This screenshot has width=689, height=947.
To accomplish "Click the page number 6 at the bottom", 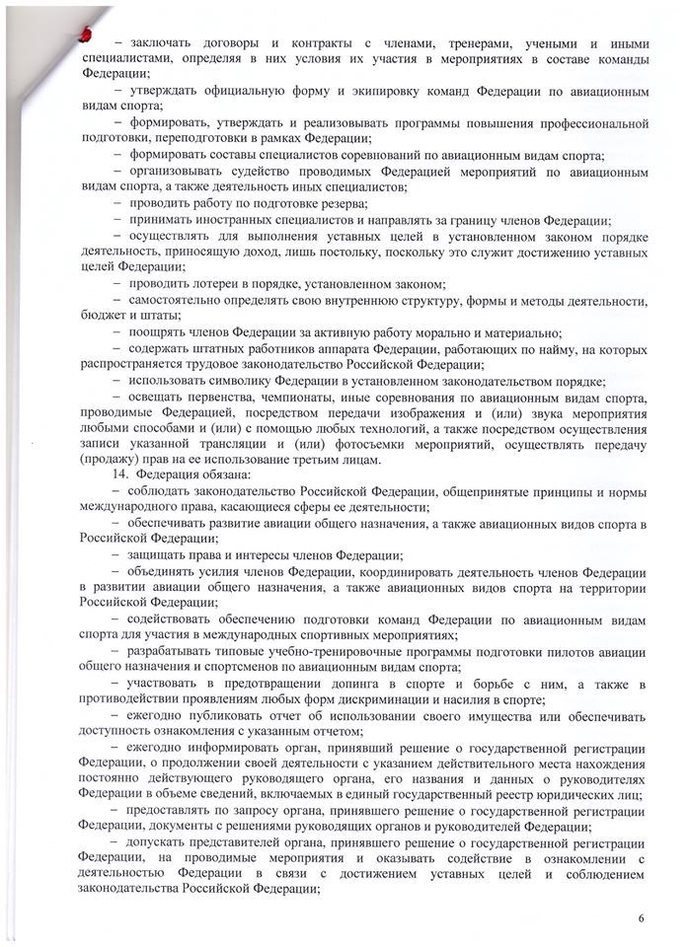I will [642, 918].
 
